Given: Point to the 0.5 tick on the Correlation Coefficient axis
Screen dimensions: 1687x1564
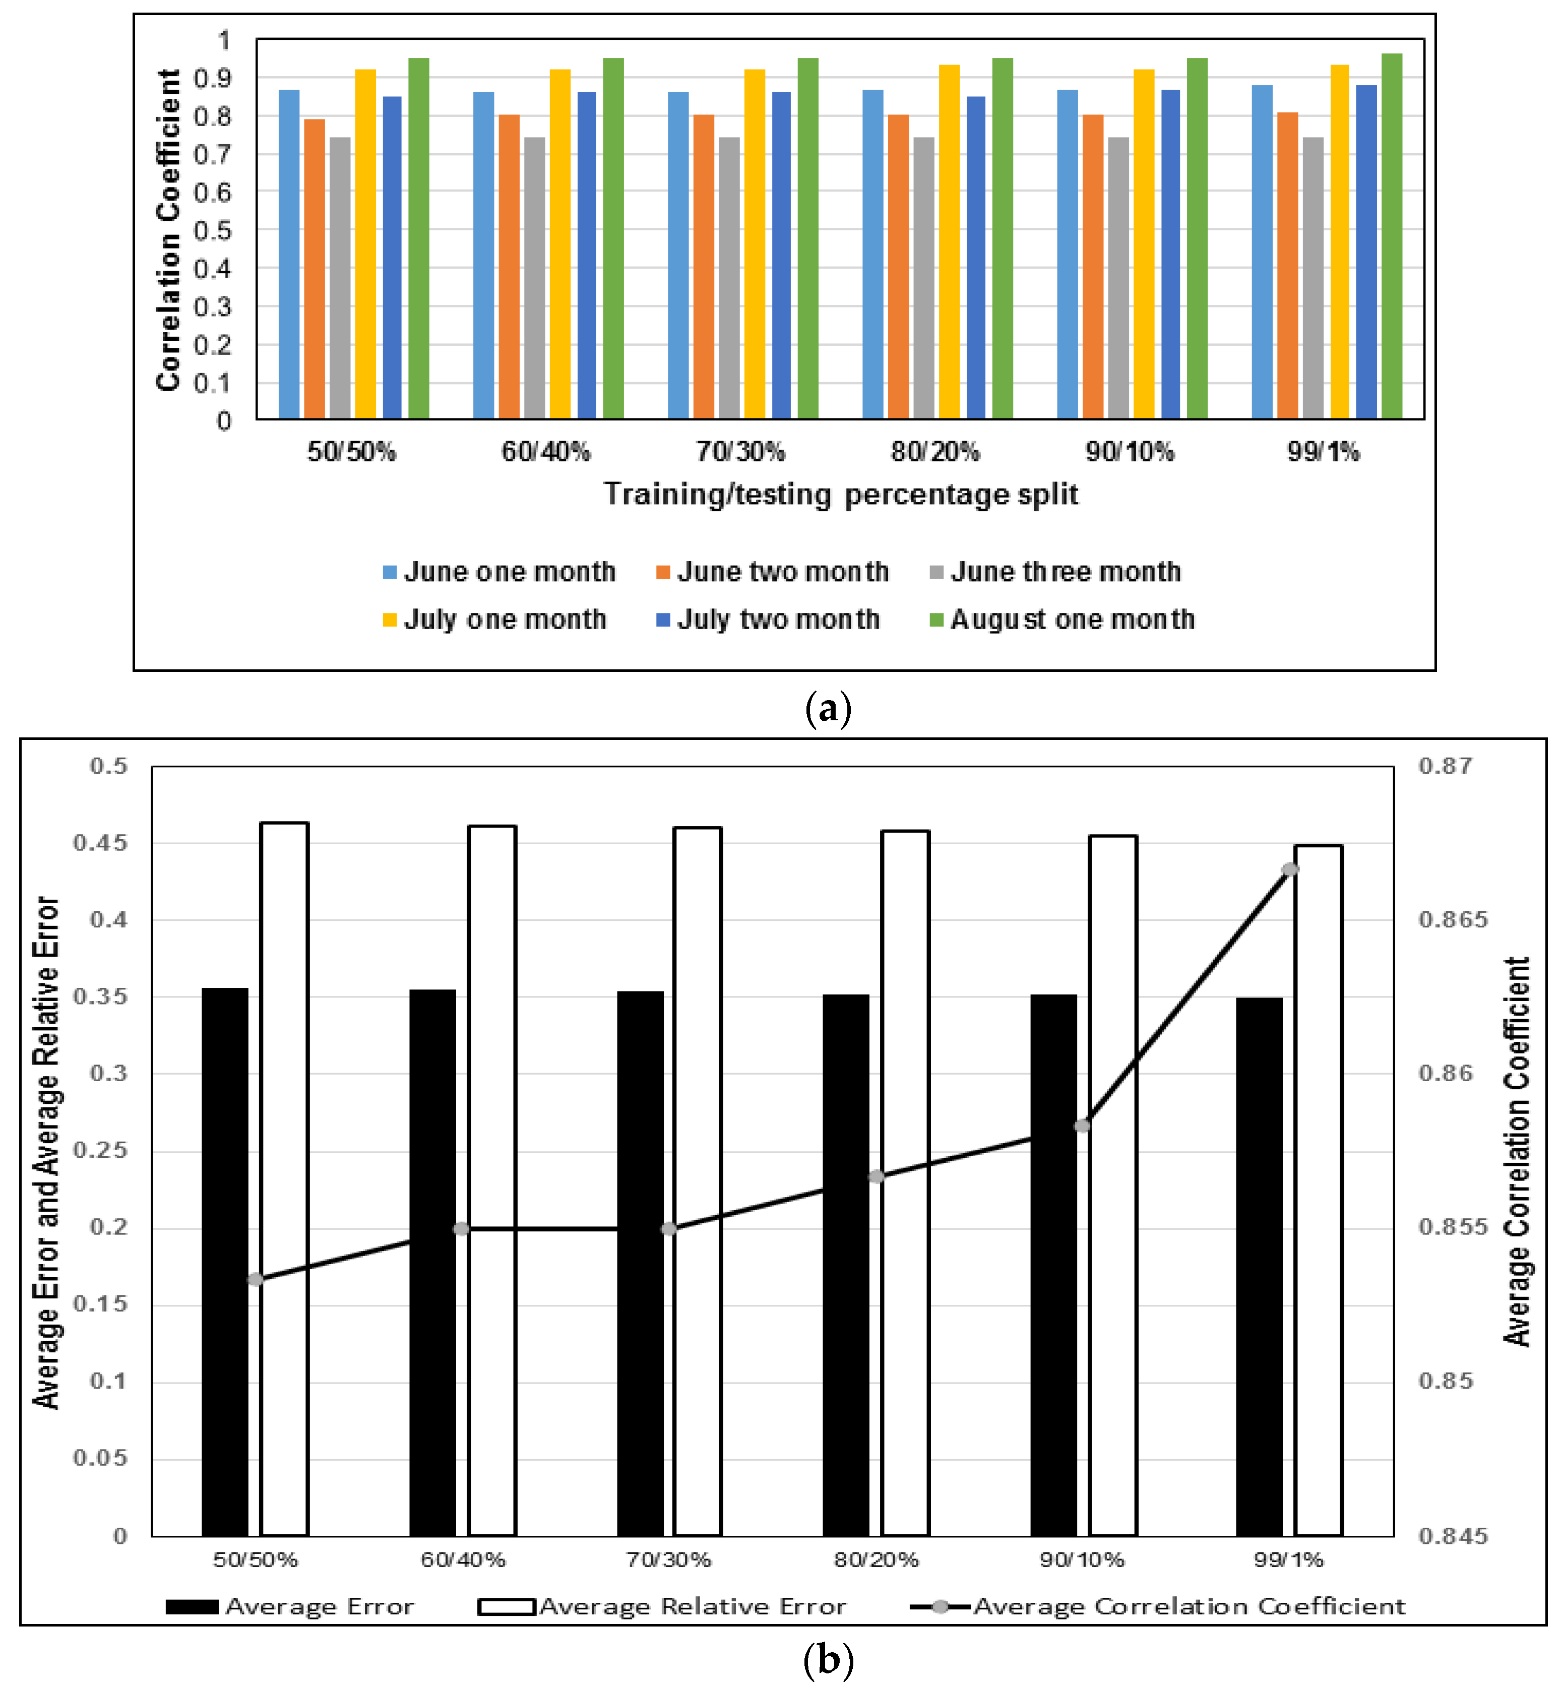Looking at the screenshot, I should click(x=212, y=230).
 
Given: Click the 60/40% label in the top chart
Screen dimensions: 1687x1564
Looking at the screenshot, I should click(x=546, y=452).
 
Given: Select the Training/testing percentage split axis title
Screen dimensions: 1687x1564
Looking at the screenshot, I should click(x=840, y=494).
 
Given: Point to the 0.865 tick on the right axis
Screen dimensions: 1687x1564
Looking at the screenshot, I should click(x=1452, y=919).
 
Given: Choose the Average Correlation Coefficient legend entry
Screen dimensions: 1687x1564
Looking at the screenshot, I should click(x=1158, y=1606).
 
